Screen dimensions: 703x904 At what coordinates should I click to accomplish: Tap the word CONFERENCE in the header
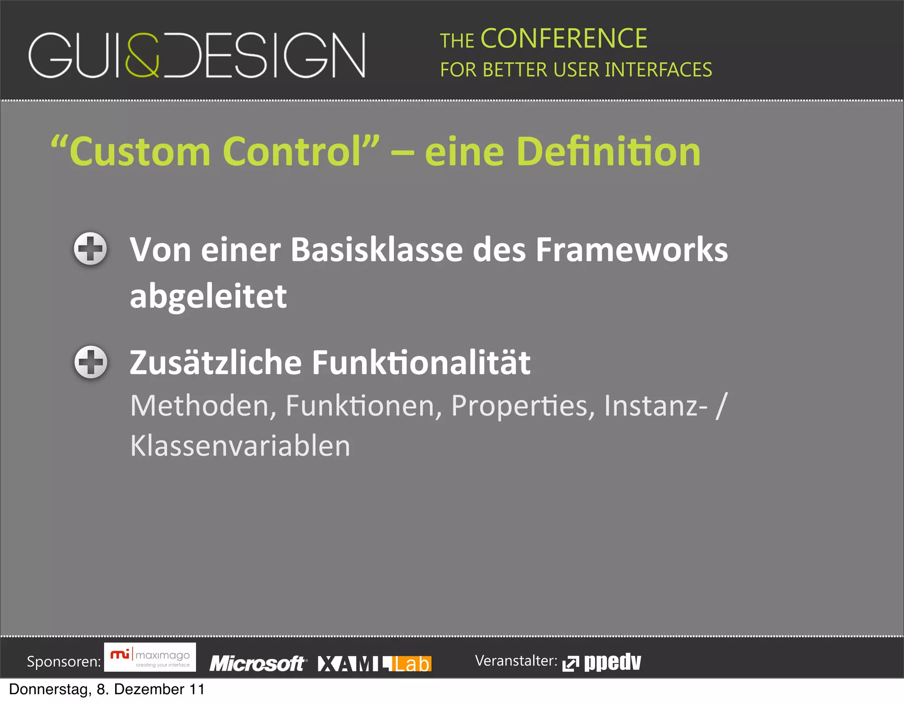pyautogui.click(x=564, y=39)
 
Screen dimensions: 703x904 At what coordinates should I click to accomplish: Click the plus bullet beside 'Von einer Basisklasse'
pyautogui.click(x=90, y=248)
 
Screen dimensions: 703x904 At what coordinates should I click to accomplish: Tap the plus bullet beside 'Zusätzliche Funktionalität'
pyautogui.click(x=90, y=362)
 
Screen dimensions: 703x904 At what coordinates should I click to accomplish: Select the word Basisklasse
pyautogui.click(x=377, y=250)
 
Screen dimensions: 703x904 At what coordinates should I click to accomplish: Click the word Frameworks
pyautogui.click(x=632, y=250)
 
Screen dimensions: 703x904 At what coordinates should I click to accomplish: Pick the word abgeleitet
pyautogui.click(x=208, y=297)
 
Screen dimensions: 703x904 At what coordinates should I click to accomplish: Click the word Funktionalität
pyautogui.click(x=421, y=363)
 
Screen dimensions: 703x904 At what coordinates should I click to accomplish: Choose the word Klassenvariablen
pyautogui.click(x=240, y=446)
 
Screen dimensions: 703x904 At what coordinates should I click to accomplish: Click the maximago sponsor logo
pyautogui.click(x=150, y=658)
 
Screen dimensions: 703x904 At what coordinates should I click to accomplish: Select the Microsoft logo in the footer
pyautogui.click(x=258, y=663)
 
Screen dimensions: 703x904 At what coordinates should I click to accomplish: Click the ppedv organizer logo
pyautogui.click(x=602, y=662)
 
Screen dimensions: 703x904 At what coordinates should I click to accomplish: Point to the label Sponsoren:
pyautogui.click(x=64, y=662)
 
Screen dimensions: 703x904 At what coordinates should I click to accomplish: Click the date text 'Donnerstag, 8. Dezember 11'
pyautogui.click(x=107, y=689)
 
